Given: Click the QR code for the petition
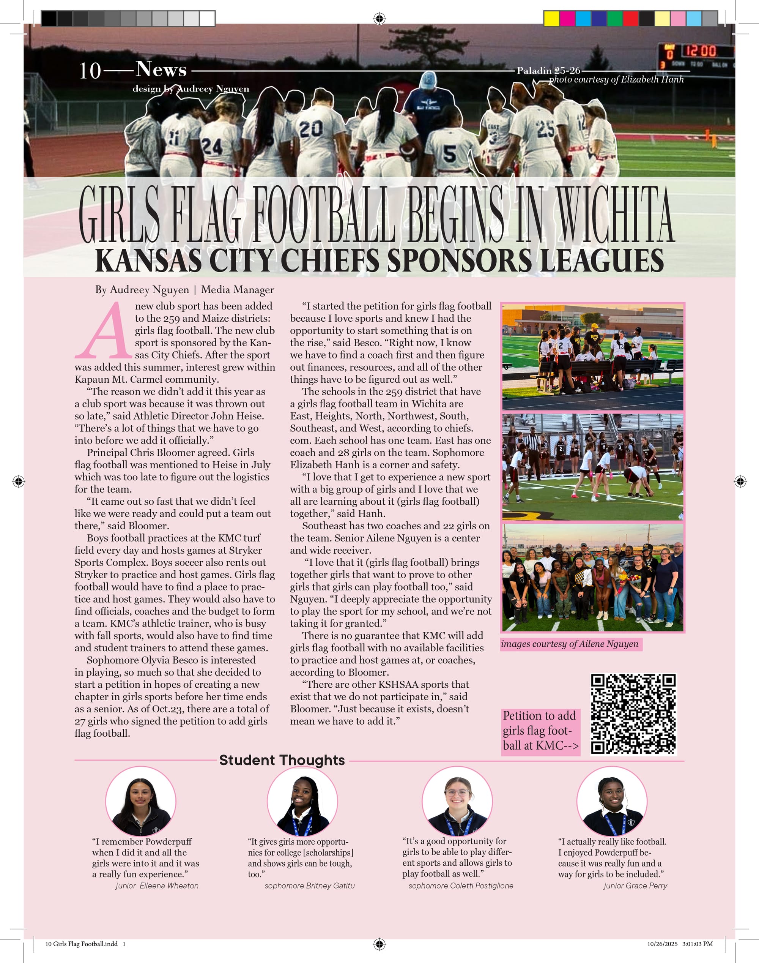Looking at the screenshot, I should [633, 714].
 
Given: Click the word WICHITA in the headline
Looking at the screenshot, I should [616, 215].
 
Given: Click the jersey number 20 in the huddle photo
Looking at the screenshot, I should [311, 129].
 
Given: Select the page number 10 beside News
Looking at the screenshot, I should [90, 71].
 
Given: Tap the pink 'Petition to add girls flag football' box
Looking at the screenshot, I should [540, 731].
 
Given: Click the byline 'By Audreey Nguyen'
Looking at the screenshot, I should [142, 290].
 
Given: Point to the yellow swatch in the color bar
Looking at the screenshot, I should [551, 19].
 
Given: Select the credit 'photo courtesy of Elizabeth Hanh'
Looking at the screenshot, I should [616, 80].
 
